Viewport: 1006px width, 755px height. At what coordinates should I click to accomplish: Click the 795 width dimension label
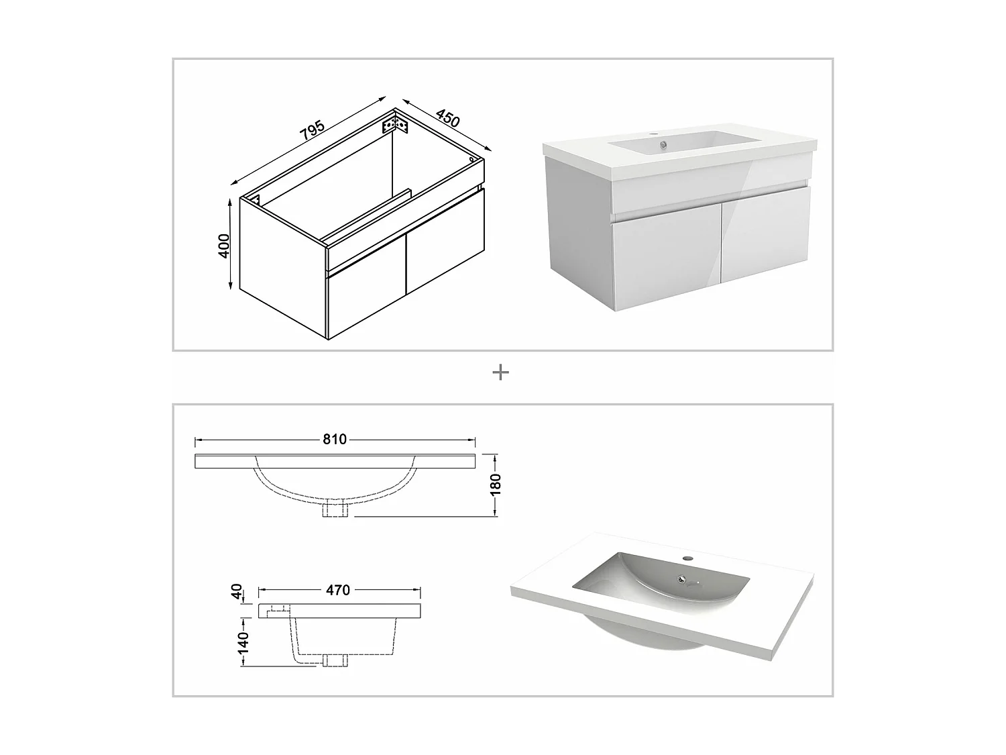pos(312,130)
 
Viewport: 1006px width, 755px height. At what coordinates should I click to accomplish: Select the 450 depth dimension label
pos(447,118)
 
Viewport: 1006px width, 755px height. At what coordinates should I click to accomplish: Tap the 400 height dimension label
pos(223,246)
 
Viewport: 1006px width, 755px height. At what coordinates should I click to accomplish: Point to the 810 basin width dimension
pos(335,439)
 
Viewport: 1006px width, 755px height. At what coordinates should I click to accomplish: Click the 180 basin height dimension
pos(496,485)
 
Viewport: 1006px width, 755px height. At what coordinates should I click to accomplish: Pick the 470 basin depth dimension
pos(338,590)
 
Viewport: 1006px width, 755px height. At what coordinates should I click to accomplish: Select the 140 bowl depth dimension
pos(243,642)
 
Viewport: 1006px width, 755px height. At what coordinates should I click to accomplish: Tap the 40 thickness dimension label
pos(237,591)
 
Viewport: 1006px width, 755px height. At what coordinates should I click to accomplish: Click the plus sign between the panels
pos(500,372)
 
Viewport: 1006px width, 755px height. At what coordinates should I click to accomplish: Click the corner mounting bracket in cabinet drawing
pos(395,124)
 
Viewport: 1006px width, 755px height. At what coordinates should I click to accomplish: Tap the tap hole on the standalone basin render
pos(687,558)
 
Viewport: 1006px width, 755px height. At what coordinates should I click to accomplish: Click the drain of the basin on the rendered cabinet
pos(663,145)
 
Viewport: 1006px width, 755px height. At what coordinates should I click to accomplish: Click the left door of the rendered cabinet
pos(667,264)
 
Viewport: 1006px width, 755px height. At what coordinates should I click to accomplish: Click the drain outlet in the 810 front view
pos(335,510)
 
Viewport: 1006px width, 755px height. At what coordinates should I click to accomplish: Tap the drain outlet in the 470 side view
pos(335,660)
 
